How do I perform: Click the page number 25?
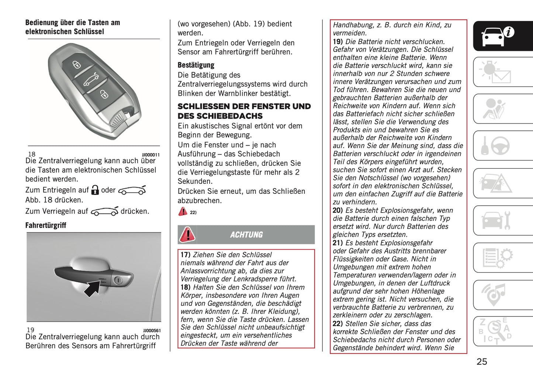pyautogui.click(x=482, y=362)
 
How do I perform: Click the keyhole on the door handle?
pyautogui.click(x=118, y=280)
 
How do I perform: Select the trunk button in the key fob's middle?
pyautogui.click(x=91, y=79)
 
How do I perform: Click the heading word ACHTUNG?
pyautogui.click(x=246, y=235)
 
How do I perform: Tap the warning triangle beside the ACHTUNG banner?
pyautogui.click(x=187, y=235)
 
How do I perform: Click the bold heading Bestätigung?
pyautogui.click(x=196, y=65)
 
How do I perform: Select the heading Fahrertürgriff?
pyautogui.click(x=46, y=225)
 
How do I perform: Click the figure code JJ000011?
pyautogui.click(x=151, y=155)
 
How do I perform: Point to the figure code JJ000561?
pyautogui.click(x=152, y=331)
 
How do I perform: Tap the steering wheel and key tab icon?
pyautogui.click(x=495, y=146)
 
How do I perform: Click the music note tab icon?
pyautogui.click(x=495, y=294)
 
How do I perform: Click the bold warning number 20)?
pyautogui.click(x=338, y=210)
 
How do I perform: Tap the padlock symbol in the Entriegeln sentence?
pyautogui.click(x=95, y=190)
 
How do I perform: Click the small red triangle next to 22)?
pyautogui.click(x=183, y=211)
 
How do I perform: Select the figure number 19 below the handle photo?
pyautogui.click(x=30, y=330)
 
